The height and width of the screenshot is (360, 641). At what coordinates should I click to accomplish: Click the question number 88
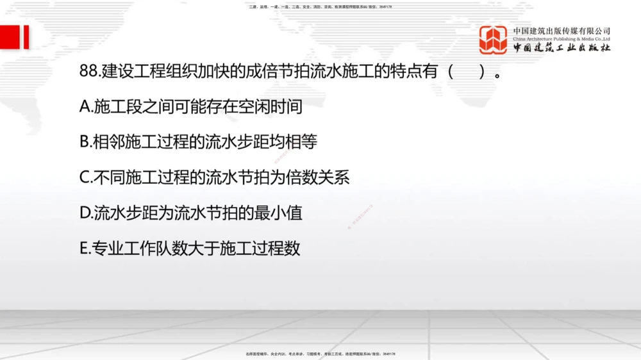pyautogui.click(x=89, y=72)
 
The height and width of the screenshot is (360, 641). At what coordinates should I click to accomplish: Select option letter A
pyautogui.click(x=86, y=107)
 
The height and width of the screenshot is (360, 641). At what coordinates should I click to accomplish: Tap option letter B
pyautogui.click(x=85, y=142)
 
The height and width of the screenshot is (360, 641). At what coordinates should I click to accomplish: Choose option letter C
pyautogui.click(x=86, y=177)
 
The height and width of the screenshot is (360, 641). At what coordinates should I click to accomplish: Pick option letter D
pyautogui.click(x=86, y=213)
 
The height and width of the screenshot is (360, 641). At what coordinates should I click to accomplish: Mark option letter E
pyautogui.click(x=85, y=248)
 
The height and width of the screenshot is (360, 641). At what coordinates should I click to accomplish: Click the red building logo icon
pyautogui.click(x=493, y=40)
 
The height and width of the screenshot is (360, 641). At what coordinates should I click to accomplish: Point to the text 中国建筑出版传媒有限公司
pyautogui.click(x=562, y=31)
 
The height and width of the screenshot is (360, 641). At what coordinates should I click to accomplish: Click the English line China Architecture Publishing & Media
pyautogui.click(x=562, y=39)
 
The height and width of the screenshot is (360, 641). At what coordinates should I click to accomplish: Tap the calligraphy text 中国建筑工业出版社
pyautogui.click(x=562, y=49)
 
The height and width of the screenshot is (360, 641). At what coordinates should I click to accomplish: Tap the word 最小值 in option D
pyautogui.click(x=281, y=213)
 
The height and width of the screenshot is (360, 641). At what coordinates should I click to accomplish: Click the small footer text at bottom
pyautogui.click(x=320, y=354)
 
